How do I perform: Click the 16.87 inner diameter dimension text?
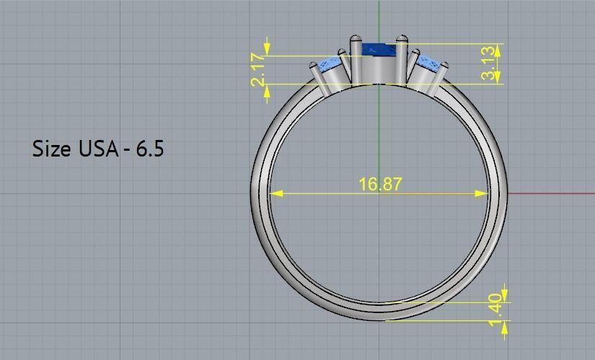click(380, 184)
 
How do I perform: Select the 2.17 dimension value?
click(258, 69)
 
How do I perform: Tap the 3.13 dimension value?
click(490, 63)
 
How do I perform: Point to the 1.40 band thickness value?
click(495, 307)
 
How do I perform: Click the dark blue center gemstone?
click(379, 51)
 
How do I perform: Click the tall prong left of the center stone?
click(356, 58)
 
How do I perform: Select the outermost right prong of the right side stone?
click(442, 76)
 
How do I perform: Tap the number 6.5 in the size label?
click(148, 149)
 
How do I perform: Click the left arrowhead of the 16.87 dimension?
click(276, 193)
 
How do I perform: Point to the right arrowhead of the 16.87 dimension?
click(482, 193)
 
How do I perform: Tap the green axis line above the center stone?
click(379, 18)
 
